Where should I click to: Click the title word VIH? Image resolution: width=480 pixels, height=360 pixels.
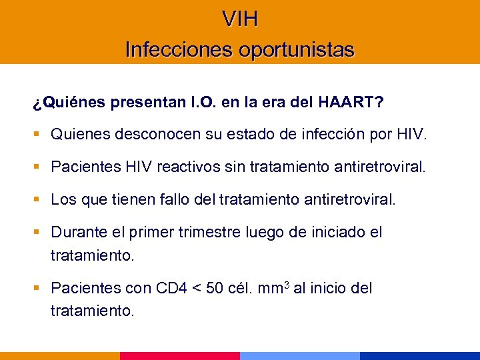pyautogui.click(x=240, y=19)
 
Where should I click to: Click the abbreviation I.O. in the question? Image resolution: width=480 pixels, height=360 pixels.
pyautogui.click(x=189, y=103)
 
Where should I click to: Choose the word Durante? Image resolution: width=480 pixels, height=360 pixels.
pyautogui.click(x=77, y=232)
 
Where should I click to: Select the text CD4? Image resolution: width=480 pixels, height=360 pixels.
pyautogui.click(x=171, y=289)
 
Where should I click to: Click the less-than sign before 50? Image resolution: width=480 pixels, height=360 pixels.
pyautogui.click(x=197, y=289)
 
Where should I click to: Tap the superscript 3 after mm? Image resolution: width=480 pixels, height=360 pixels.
pyautogui.click(x=286, y=285)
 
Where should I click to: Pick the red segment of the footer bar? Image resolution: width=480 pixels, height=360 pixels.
pyautogui.click(x=180, y=356)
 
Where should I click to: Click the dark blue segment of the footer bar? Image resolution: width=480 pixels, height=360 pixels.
pyautogui.click(x=420, y=356)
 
